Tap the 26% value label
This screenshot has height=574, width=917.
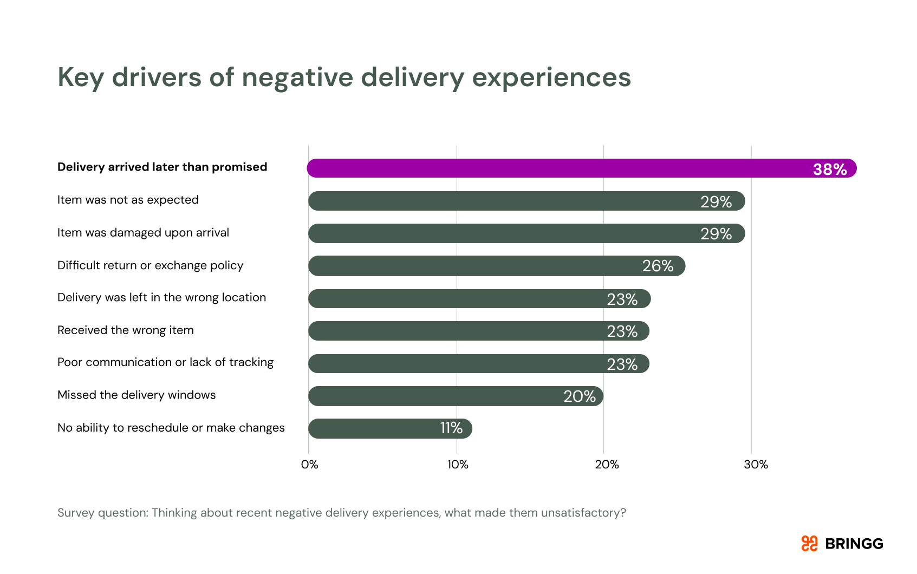coord(658,266)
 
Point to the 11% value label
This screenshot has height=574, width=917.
coord(451,428)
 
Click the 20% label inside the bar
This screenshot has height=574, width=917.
coord(580,396)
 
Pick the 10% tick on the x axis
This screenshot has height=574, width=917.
coord(458,465)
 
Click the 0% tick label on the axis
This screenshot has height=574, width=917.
coord(310,465)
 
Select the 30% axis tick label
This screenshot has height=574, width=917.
coord(756,465)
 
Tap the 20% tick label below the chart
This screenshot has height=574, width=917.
coord(607,465)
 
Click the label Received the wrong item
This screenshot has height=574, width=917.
coord(126,330)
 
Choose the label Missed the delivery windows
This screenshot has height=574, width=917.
coord(136,395)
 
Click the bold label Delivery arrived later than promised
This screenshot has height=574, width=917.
coord(162,167)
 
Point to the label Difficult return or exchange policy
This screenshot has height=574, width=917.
coord(151,265)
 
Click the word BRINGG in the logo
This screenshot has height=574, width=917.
coord(854,544)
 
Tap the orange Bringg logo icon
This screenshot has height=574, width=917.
coord(809,544)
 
